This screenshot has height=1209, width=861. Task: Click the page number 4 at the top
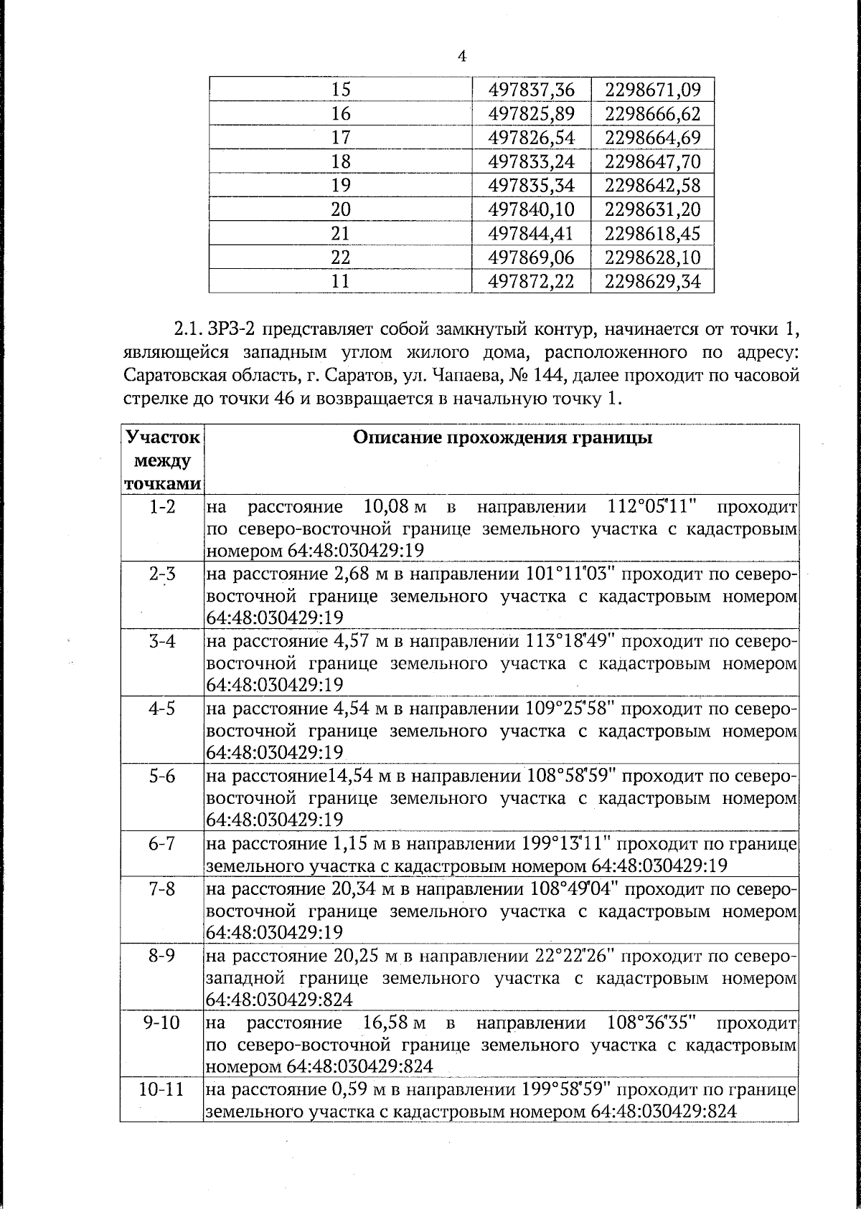pos(462,57)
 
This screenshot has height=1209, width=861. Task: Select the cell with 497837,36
pos(531,90)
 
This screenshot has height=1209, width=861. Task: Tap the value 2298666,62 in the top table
pos(652,114)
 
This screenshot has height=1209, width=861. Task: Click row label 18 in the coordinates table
pos(341,161)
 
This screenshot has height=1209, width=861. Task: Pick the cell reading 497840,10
pos(531,209)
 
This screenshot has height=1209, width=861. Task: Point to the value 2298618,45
pos(652,233)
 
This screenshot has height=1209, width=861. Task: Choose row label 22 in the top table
pos(341,257)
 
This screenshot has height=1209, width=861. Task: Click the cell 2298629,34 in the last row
pos(652,281)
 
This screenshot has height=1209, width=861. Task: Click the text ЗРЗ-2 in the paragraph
pos(230,330)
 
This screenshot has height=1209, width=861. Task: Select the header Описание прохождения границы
pos(502,438)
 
